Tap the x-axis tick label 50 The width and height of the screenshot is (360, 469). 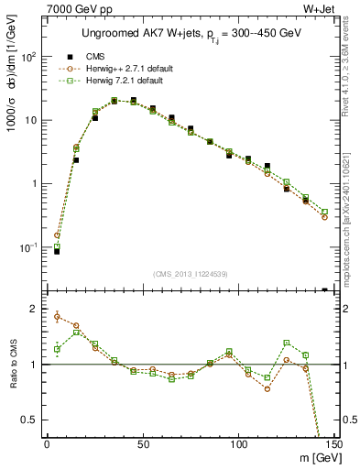pos(142,444)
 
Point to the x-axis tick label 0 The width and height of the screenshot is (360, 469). pos(47,444)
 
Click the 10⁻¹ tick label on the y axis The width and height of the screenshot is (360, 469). pos(27,247)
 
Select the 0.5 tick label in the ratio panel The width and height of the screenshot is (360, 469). pos(28,420)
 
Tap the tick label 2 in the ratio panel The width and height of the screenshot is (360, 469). pos(34,309)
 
